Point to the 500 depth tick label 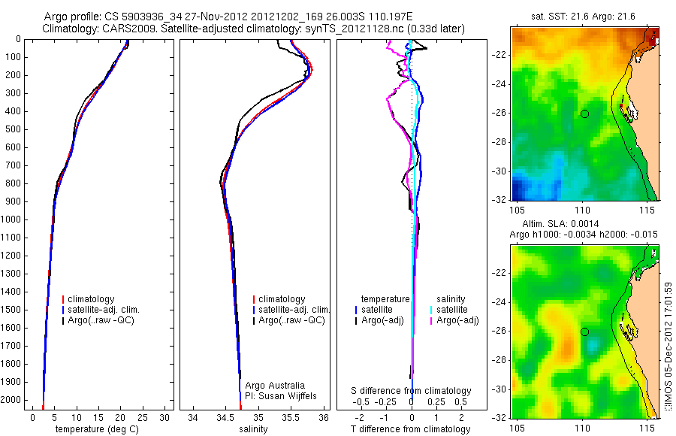(x=12, y=129)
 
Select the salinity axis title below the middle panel (x=253, y=429)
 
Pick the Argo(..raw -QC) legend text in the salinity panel (x=291, y=320)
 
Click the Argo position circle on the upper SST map (x=584, y=114)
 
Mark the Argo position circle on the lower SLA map (x=584, y=332)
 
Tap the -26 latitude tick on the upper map (x=501, y=114)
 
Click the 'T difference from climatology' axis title (x=411, y=429)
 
